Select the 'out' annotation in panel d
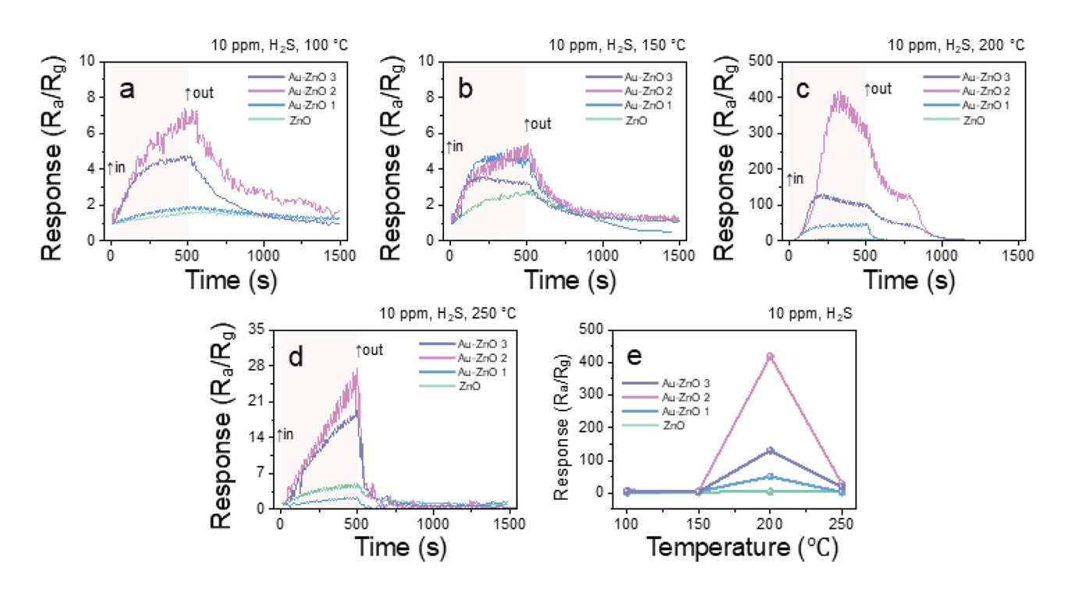370,350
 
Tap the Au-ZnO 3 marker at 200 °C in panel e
770,451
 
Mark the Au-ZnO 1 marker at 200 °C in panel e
770,476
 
